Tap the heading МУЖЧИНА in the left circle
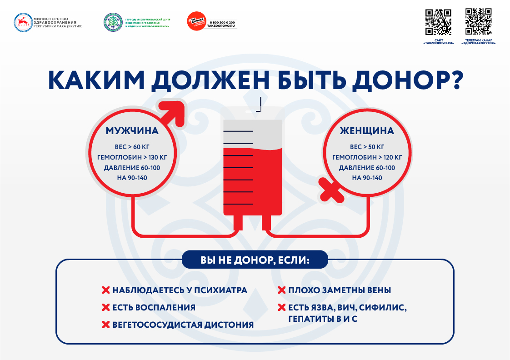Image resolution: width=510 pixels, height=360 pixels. coord(132,131)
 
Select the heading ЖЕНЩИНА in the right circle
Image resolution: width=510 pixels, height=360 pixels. coord(367,131)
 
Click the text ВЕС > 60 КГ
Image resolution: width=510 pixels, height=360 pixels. coord(132,147)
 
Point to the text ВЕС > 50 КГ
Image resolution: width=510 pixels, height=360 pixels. coord(367,147)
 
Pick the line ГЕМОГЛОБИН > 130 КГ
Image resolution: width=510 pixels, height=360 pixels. coord(132,157)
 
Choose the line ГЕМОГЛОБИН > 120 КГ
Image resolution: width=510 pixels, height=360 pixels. coord(367,157)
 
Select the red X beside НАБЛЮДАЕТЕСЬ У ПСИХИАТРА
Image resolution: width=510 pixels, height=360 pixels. coord(105,290)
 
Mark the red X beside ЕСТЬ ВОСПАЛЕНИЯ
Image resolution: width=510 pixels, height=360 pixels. coord(105,307)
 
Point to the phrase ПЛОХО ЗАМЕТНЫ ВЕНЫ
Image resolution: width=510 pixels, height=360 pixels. coord(340,290)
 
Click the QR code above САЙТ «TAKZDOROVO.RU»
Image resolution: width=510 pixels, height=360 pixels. coord(438,22)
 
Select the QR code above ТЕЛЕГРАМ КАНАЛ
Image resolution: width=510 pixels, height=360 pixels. coord(479,21)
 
